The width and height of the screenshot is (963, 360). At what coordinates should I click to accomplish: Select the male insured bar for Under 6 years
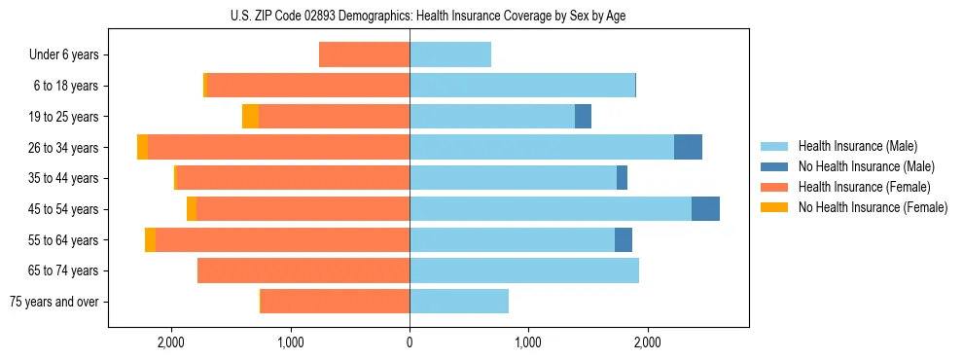[x=450, y=54]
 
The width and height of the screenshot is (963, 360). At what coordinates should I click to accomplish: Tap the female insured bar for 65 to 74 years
[x=303, y=270]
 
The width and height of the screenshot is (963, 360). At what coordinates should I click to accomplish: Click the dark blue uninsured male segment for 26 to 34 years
[x=688, y=147]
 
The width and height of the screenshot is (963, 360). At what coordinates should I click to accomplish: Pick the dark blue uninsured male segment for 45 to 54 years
[x=705, y=209]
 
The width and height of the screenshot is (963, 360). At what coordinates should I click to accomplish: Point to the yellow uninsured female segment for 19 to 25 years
[x=250, y=117]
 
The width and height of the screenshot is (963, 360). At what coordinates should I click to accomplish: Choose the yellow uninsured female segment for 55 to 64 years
[x=150, y=240]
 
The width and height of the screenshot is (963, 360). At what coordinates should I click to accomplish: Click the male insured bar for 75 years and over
[x=459, y=302]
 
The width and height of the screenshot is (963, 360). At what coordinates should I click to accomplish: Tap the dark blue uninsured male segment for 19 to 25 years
[x=583, y=117]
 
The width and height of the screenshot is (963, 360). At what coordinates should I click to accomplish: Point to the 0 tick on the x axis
[x=410, y=342]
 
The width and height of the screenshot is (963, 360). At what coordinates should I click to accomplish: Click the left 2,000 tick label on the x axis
[x=170, y=342]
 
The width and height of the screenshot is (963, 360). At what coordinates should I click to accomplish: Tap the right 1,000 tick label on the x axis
[x=528, y=342]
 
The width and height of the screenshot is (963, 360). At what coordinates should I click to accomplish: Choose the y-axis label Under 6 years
[x=63, y=54]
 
